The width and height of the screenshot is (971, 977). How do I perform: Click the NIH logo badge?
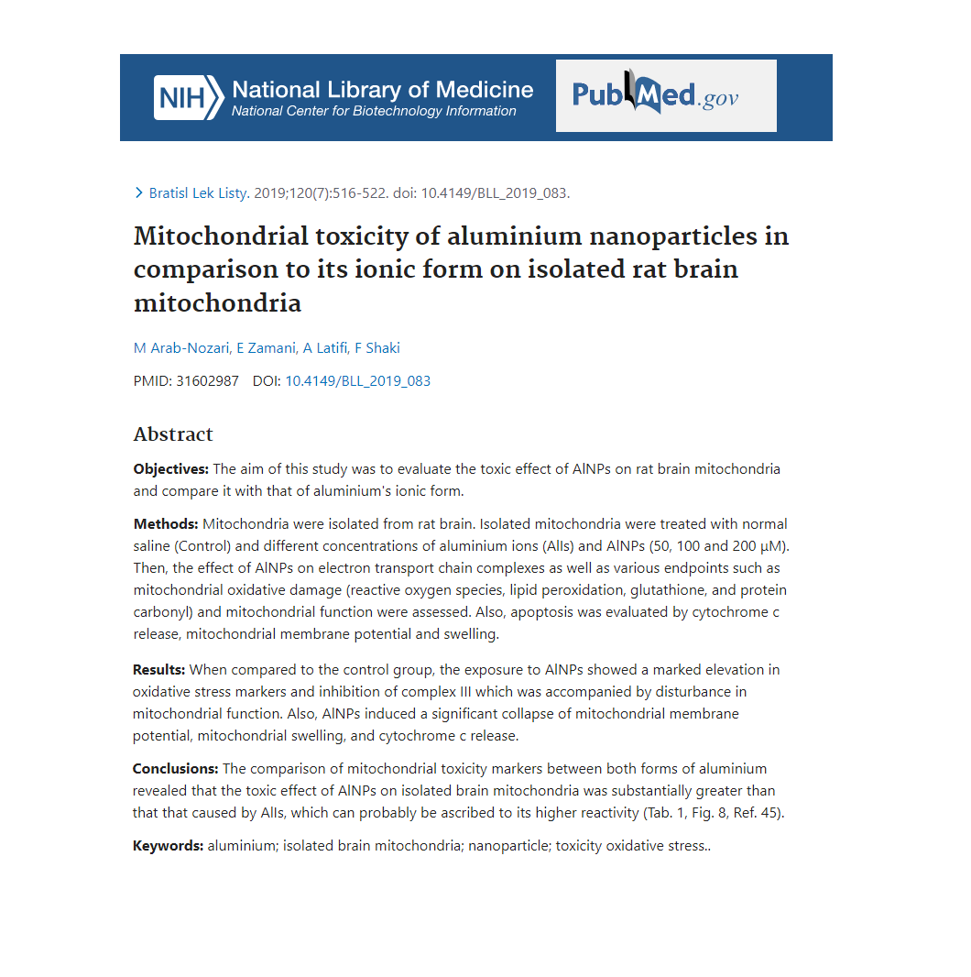click(188, 97)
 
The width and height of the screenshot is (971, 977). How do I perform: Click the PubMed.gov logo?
click(665, 95)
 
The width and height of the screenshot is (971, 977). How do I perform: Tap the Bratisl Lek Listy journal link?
click(198, 192)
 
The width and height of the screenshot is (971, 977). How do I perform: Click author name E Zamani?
click(266, 347)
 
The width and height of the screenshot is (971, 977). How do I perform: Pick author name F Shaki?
click(377, 347)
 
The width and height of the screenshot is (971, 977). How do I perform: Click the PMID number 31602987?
click(207, 381)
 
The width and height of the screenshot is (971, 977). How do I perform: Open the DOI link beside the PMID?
click(357, 381)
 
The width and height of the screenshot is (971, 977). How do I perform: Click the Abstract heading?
click(173, 434)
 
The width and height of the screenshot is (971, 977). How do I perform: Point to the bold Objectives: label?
click(171, 469)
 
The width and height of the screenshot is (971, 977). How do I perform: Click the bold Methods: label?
click(166, 524)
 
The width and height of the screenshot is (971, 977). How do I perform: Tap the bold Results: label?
click(159, 670)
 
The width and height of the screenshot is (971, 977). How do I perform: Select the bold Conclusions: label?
click(176, 769)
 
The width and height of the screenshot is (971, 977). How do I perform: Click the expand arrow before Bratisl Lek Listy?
click(139, 192)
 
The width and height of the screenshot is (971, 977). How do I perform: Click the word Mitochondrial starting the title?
click(208, 236)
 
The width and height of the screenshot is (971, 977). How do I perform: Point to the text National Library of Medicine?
click(383, 90)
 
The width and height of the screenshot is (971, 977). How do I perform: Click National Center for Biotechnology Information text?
click(374, 112)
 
